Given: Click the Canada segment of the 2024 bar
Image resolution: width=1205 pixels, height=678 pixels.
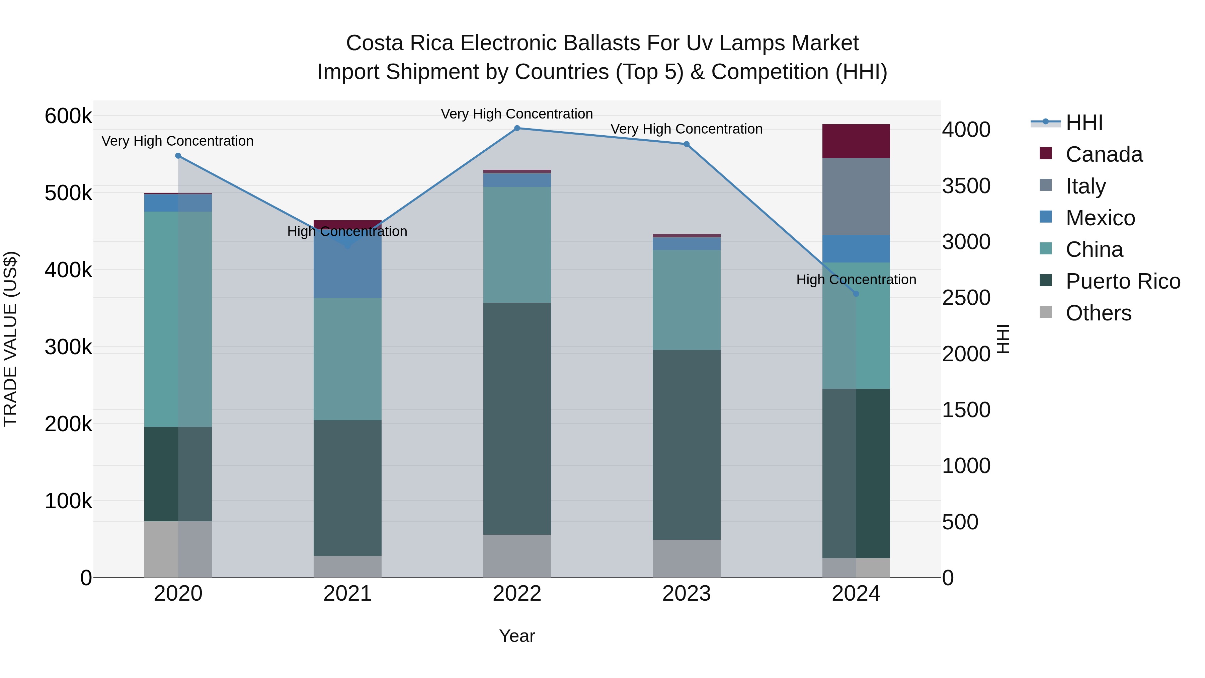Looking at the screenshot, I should pyautogui.click(x=856, y=141).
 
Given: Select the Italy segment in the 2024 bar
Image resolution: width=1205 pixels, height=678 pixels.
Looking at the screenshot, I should pyautogui.click(x=856, y=197).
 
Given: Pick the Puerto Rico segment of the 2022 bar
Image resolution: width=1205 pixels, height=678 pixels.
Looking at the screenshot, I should pyautogui.click(x=517, y=419).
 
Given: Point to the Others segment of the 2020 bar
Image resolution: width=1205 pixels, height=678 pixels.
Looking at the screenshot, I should pyautogui.click(x=178, y=549).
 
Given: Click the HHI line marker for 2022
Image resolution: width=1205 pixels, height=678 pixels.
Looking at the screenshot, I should pyautogui.click(x=517, y=128).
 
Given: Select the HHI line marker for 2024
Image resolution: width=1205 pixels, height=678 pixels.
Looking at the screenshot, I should pyautogui.click(x=856, y=294).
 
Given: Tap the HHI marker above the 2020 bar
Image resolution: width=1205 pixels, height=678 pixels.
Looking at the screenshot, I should pyautogui.click(x=178, y=156).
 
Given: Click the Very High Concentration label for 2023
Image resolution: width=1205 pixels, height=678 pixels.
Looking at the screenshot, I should pyautogui.click(x=686, y=129).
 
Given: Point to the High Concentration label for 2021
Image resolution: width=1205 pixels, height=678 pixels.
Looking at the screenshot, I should pyautogui.click(x=347, y=232).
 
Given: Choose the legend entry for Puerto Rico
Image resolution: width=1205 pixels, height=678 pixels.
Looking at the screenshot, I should pyautogui.click(x=1123, y=281).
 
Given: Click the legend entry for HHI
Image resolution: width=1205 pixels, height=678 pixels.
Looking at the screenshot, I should pyautogui.click(x=1084, y=123).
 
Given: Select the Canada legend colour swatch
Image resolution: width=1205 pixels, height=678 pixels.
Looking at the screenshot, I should pyautogui.click(x=1045, y=153).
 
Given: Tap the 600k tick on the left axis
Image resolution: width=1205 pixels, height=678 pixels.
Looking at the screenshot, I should pyautogui.click(x=68, y=116).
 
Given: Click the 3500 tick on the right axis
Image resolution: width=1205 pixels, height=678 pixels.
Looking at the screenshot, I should pyautogui.click(x=966, y=186).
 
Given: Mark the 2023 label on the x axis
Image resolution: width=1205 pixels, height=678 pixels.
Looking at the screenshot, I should pyautogui.click(x=686, y=594).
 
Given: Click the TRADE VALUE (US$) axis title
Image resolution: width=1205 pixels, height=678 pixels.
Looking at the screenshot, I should pyautogui.click(x=11, y=339).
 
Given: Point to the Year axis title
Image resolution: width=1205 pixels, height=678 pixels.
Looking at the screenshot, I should pyautogui.click(x=517, y=636).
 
